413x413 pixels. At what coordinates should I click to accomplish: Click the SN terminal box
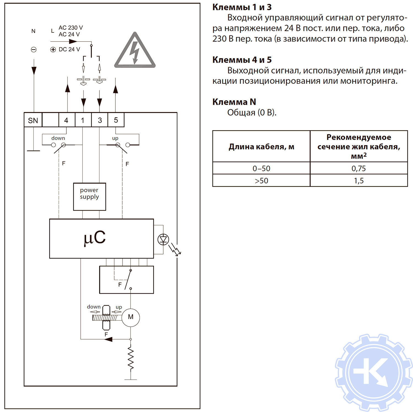click(33, 120)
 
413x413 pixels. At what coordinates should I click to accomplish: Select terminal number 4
click(66, 120)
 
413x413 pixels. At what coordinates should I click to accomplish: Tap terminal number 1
click(83, 120)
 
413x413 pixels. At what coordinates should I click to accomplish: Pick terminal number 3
click(100, 120)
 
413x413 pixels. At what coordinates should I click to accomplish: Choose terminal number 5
click(116, 120)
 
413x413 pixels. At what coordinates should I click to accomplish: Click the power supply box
click(89, 197)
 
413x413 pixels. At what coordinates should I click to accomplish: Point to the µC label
click(95, 238)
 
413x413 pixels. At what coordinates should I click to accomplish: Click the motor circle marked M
click(131, 317)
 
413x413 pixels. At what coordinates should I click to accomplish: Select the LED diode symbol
click(163, 240)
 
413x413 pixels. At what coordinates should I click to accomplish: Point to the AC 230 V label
click(70, 28)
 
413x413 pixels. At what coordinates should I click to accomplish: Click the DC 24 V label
click(69, 50)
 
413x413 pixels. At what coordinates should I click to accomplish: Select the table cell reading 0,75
click(358, 168)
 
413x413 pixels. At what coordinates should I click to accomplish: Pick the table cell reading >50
click(261, 181)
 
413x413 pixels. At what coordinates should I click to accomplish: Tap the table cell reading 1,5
click(358, 181)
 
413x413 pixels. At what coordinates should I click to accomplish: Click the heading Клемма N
click(234, 102)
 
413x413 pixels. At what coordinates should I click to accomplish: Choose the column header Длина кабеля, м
click(261, 146)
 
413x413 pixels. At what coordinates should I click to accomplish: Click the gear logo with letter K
click(373, 373)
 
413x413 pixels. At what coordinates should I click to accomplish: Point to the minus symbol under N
click(34, 50)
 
